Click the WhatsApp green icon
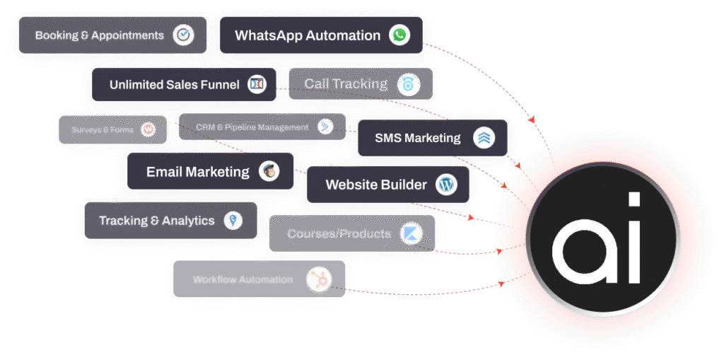point(399,35)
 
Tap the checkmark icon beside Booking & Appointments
point(183,35)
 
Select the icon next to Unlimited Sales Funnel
point(257,85)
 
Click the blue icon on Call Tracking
point(408,85)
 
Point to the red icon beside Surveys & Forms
point(148,129)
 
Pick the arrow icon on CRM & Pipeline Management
point(325,127)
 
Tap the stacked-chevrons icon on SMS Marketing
point(484,138)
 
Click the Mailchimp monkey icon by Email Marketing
point(269,171)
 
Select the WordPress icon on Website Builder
point(446,185)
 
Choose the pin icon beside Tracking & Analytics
point(233,221)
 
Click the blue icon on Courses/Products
point(410,234)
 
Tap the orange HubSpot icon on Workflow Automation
point(318,279)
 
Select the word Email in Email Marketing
point(163,172)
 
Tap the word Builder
point(402,185)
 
